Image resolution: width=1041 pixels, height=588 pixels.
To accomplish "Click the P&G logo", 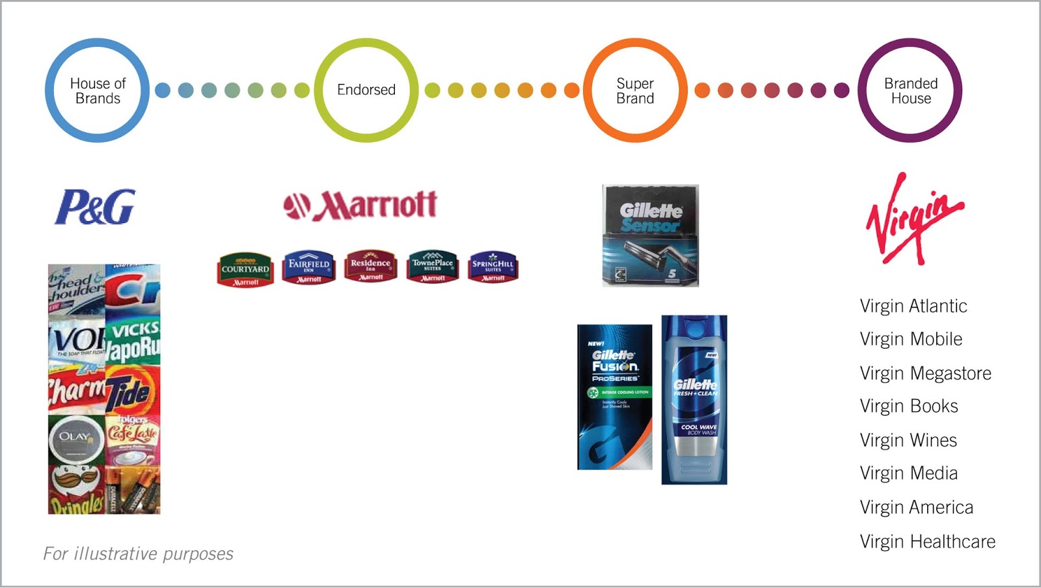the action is (95, 207).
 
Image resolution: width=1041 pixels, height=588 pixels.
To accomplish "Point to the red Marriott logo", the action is (360, 206).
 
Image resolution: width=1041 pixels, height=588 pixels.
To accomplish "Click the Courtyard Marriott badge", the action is (245, 269).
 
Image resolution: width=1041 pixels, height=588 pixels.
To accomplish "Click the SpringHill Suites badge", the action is (493, 267).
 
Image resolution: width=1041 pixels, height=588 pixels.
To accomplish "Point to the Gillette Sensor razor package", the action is (650, 235).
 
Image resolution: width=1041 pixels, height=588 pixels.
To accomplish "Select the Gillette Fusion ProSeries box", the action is (615, 397).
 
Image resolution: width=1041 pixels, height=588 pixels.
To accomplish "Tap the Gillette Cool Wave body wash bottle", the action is (694, 399).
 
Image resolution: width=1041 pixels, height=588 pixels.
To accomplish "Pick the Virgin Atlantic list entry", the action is (913, 306).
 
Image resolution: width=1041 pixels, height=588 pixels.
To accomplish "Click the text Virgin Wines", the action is (908, 440).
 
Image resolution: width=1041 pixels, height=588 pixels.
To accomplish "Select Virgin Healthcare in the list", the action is (927, 541).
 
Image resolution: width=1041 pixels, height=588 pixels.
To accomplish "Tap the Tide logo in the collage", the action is (131, 391).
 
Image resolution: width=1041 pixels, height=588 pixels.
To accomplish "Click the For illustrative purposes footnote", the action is (138, 554).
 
